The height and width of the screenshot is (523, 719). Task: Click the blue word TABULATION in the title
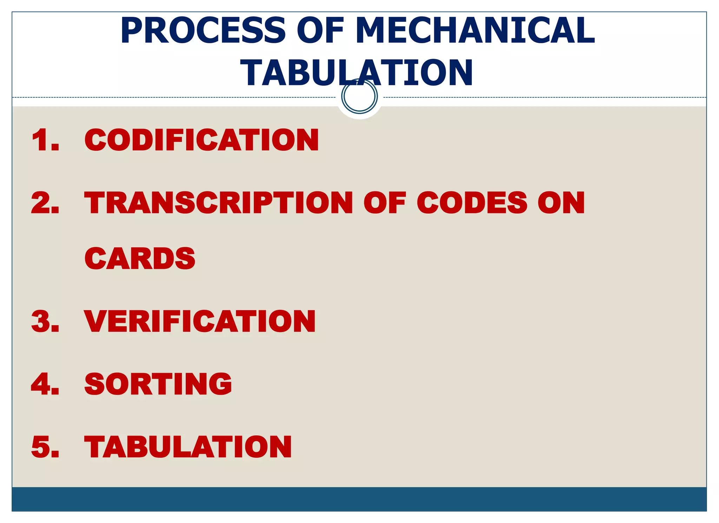coord(356,73)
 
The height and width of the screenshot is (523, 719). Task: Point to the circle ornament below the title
coord(359,96)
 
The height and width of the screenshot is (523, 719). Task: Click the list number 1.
coord(45,140)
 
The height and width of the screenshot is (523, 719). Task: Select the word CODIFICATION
coord(202,140)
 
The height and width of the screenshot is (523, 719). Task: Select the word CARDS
coord(140,259)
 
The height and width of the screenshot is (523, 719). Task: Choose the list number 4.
coord(45,384)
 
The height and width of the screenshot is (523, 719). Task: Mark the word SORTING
coord(158,384)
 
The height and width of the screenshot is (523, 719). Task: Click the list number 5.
coord(45,447)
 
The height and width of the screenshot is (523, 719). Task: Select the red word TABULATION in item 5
coord(188,447)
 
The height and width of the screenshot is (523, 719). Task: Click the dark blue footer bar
coord(359,499)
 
